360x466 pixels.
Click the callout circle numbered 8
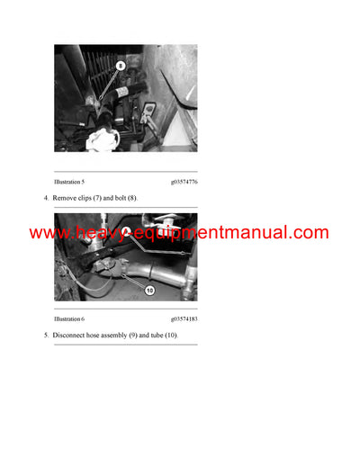coord(121,64)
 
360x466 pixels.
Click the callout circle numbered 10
coord(149,291)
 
